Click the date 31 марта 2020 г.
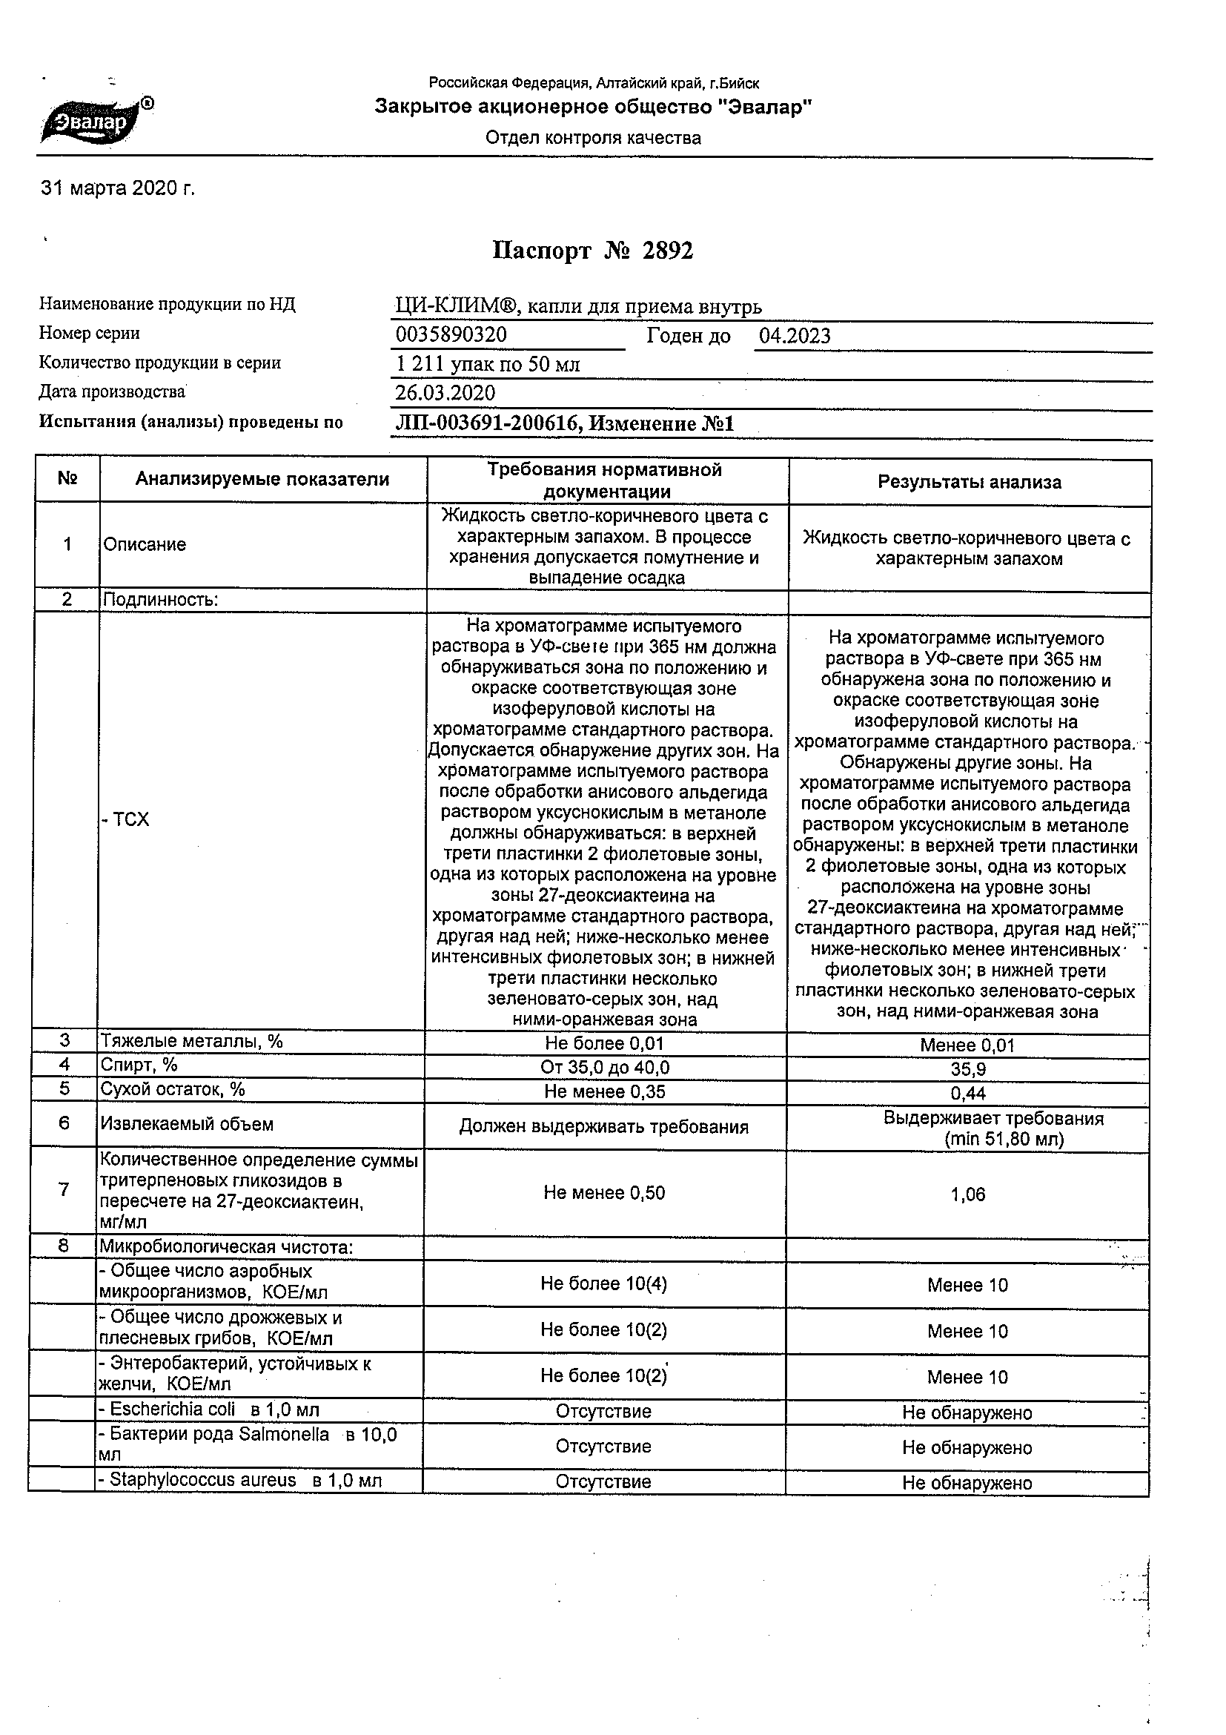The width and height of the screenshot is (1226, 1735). click(117, 188)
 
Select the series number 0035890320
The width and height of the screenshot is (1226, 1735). click(451, 334)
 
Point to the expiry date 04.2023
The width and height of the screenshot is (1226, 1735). click(794, 336)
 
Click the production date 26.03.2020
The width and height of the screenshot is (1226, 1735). click(445, 393)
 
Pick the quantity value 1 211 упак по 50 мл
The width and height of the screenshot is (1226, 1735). click(487, 364)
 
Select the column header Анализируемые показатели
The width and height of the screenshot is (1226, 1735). click(262, 479)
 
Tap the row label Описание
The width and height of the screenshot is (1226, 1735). click(145, 545)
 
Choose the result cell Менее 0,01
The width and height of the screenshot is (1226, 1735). click(967, 1045)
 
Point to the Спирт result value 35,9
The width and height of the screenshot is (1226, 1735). click(968, 1069)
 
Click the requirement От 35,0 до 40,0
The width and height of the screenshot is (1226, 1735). click(604, 1067)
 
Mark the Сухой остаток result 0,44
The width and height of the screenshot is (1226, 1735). click(968, 1093)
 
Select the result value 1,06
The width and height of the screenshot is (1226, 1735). click(967, 1194)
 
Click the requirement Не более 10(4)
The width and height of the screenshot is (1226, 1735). click(603, 1283)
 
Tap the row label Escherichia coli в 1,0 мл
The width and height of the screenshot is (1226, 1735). click(209, 1410)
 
